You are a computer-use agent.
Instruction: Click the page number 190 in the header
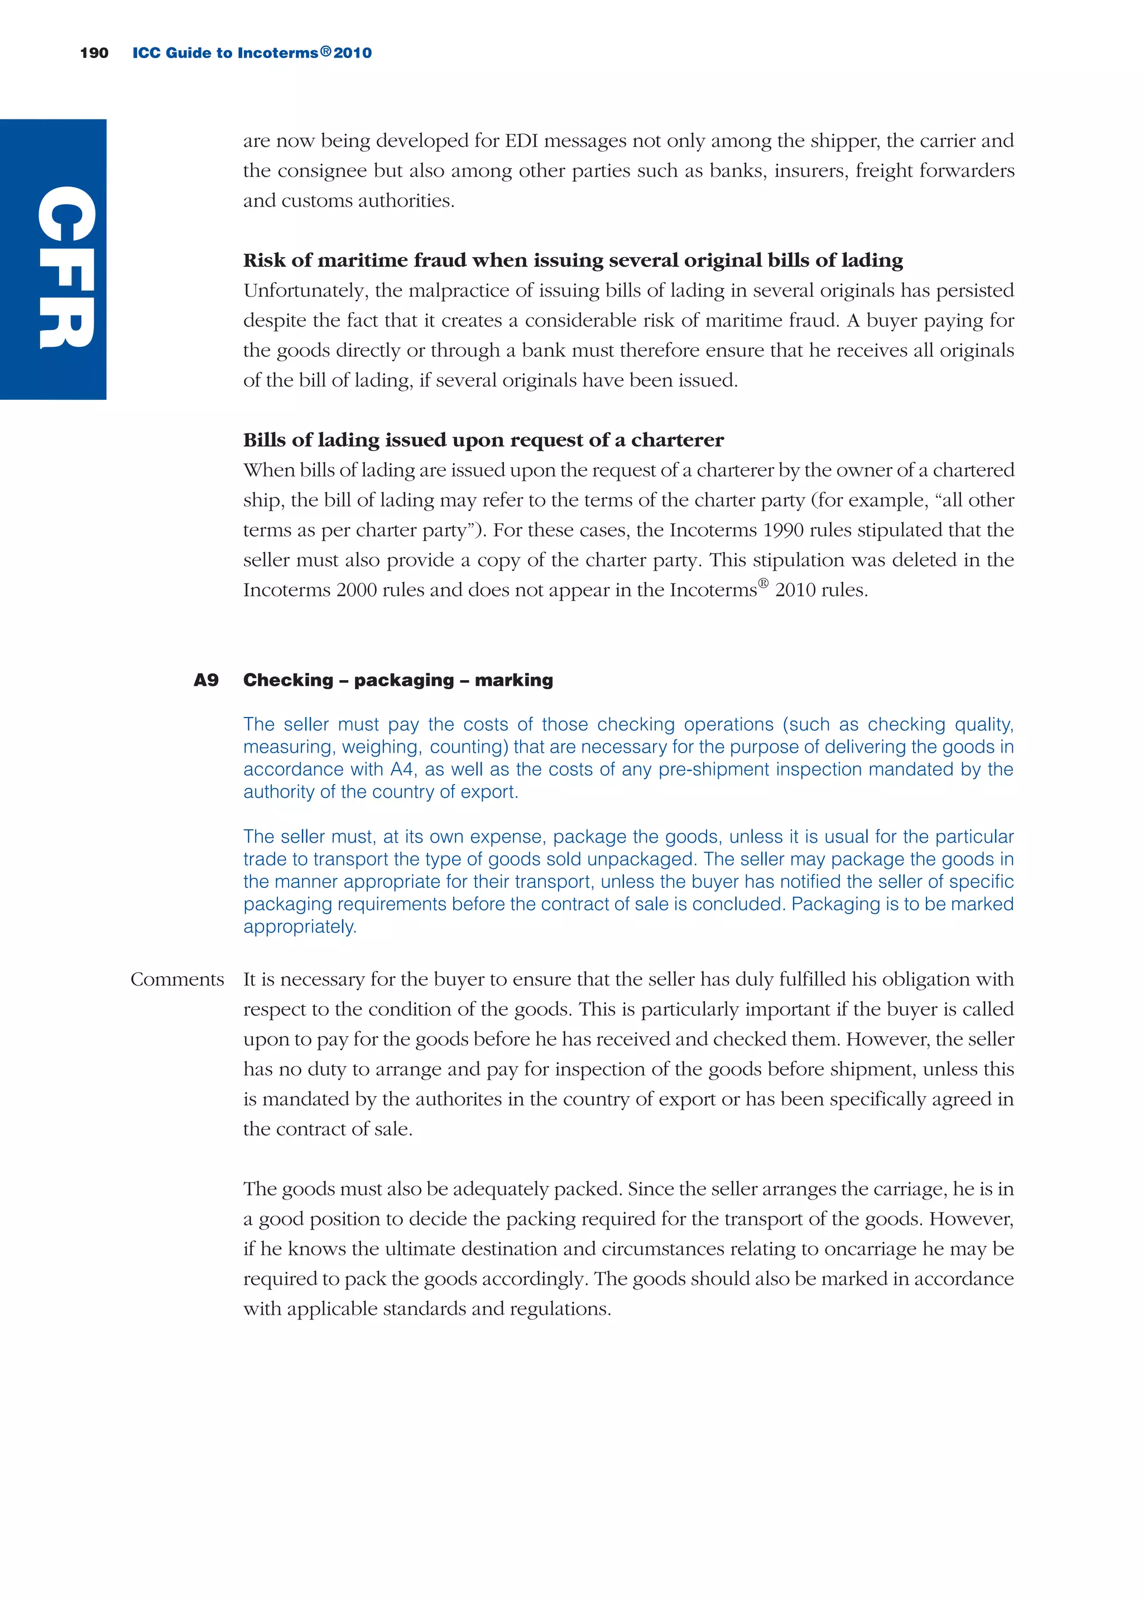(x=94, y=53)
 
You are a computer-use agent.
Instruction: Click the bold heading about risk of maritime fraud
(x=573, y=260)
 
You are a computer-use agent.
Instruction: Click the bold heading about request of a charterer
(x=483, y=440)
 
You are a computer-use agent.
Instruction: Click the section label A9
(x=206, y=680)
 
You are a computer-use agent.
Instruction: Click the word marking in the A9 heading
(x=514, y=680)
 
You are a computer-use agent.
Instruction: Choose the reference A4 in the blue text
(x=402, y=770)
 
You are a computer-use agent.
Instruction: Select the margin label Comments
(x=177, y=979)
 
